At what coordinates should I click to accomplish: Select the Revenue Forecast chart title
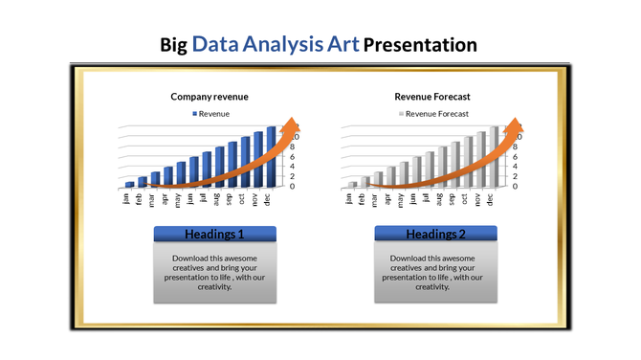point(431,97)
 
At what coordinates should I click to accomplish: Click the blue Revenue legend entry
point(215,113)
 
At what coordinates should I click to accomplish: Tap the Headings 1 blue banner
point(214,235)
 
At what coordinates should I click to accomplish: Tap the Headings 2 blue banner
point(436,235)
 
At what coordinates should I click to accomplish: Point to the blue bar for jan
point(129,184)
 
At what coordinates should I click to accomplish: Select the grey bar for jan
point(352,184)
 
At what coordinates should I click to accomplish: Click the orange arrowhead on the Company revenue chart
point(294,129)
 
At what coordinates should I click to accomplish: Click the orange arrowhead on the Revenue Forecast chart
point(515,129)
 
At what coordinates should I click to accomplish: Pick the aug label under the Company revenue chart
point(218,199)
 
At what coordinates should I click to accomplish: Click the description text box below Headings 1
point(214,273)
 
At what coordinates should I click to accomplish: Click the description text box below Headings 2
point(436,273)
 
